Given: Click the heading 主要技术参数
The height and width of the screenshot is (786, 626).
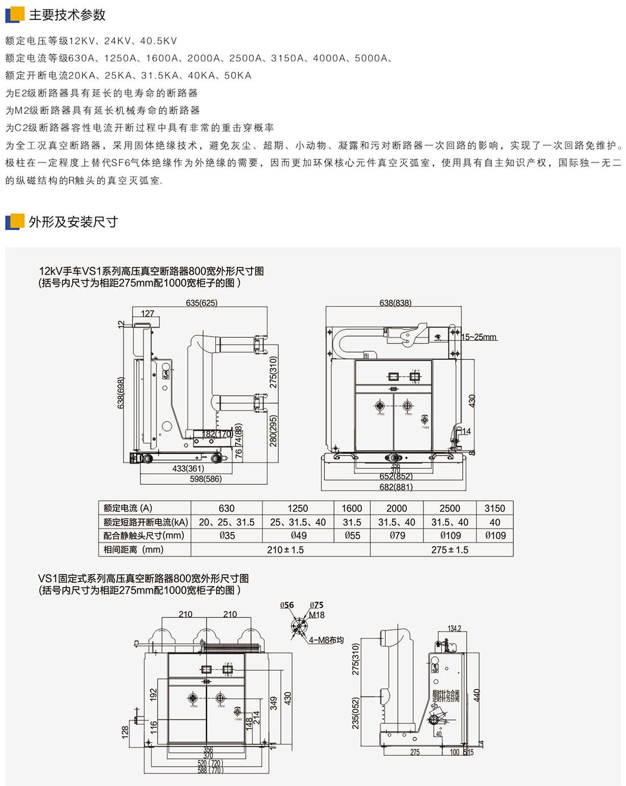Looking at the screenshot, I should [67, 15].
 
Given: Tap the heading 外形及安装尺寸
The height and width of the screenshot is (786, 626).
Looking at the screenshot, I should [73, 222].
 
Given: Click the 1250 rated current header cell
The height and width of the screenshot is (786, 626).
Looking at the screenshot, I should [298, 508].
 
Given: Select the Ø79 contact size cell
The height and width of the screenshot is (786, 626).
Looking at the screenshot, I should [397, 535].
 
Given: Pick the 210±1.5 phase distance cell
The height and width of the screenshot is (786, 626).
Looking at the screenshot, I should [285, 550].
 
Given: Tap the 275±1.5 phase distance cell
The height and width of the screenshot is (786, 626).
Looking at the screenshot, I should [450, 550].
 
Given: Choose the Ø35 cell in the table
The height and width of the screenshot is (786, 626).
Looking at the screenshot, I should [226, 535].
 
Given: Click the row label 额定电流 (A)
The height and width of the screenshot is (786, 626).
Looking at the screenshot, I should [128, 508].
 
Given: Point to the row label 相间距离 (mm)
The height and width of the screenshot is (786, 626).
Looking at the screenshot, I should [133, 550].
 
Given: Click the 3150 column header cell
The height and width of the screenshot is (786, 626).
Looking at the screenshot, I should [495, 508].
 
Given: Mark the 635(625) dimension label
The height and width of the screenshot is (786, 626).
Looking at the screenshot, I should [201, 303].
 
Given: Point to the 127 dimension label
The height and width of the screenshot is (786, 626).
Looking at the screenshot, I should [147, 313].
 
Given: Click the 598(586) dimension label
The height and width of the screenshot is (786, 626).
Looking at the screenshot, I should [205, 479].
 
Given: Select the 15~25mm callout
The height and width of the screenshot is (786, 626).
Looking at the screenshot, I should [479, 337].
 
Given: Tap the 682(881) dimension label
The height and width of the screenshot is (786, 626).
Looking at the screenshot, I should [396, 487].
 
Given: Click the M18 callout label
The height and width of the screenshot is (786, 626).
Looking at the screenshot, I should [317, 615].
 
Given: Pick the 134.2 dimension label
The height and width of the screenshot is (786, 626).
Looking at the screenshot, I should [454, 629].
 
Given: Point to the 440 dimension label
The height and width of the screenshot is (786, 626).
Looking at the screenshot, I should [477, 695].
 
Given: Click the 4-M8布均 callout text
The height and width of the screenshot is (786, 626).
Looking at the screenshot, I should [327, 640].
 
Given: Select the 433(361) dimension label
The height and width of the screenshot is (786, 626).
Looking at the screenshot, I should [188, 468].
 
